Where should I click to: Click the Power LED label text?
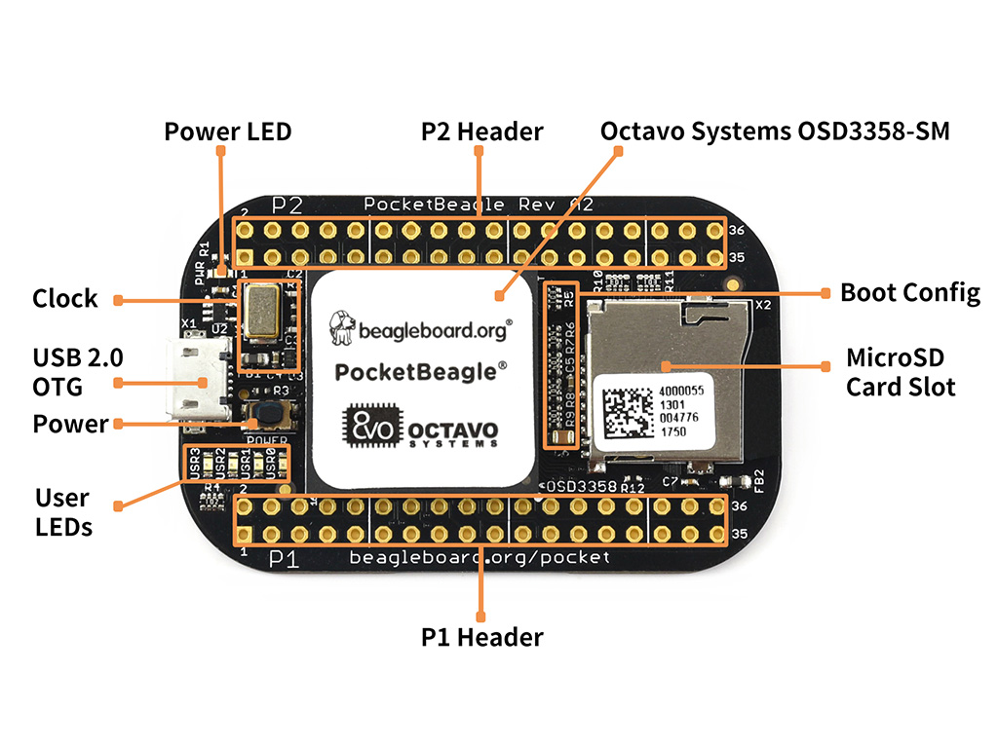coord(227,131)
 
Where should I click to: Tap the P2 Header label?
coord(481,131)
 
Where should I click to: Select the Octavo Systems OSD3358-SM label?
coord(774,131)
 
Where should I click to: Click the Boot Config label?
coord(909,292)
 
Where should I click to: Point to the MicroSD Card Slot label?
coord(900,371)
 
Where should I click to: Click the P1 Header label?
coord(481,637)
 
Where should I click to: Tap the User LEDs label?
coord(63,512)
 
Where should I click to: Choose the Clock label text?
coord(64,298)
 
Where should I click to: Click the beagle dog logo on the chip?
coord(341,327)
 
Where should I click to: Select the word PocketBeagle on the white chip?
coord(421,371)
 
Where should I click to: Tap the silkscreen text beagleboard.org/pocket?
coord(480,557)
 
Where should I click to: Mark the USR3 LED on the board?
coord(196,464)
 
